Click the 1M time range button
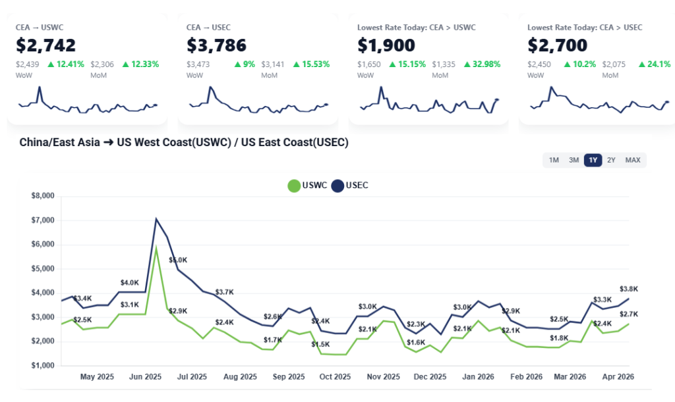[554, 160]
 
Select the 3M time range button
[573, 160]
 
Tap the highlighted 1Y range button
[593, 160]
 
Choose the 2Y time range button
[611, 160]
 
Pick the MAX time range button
[633, 160]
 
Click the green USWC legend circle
[294, 186]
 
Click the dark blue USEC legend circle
[337, 186]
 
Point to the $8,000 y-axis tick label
[44, 196]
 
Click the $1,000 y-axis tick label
[44, 366]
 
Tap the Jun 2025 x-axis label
[144, 377]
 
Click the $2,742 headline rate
[46, 45]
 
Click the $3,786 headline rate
[217, 45]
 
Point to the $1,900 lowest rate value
[386, 45]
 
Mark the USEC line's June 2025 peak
[156, 219]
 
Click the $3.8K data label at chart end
[629, 289]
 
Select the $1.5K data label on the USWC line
[321, 344]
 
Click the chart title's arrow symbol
[108, 142]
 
